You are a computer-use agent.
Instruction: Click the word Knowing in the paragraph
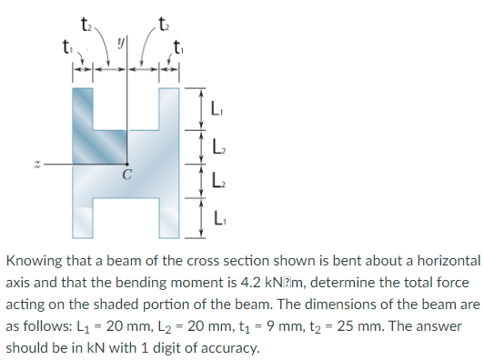35,260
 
